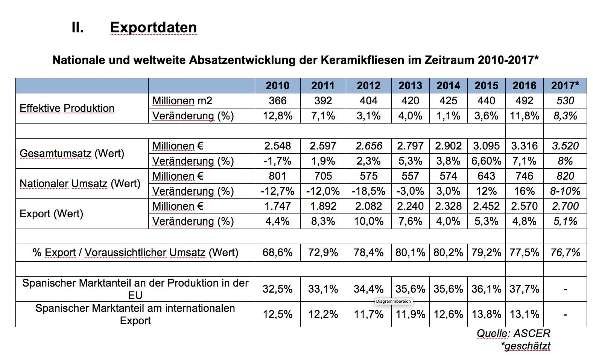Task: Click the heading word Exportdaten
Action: coord(153,27)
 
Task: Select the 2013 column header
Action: coord(410,85)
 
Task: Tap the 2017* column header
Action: coord(565,85)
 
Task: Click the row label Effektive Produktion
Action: coord(67,108)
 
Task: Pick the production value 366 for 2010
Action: coord(277,101)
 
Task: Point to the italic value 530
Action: coord(565,101)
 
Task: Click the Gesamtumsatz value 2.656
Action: coord(368,146)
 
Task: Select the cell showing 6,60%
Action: coord(486,161)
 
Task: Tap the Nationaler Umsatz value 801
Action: coord(277,176)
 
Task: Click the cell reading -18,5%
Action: coord(368,191)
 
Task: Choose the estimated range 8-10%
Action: coord(565,191)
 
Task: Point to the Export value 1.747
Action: coord(277,206)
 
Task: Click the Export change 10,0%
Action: coord(368,221)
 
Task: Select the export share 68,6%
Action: coord(277,252)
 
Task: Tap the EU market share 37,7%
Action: coord(524,289)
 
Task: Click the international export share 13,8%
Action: coord(486,314)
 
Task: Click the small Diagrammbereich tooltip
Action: coord(393,301)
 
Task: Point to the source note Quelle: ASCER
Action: coord(513,333)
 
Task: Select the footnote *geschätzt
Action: coord(526,346)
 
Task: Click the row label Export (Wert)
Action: coord(51,214)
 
